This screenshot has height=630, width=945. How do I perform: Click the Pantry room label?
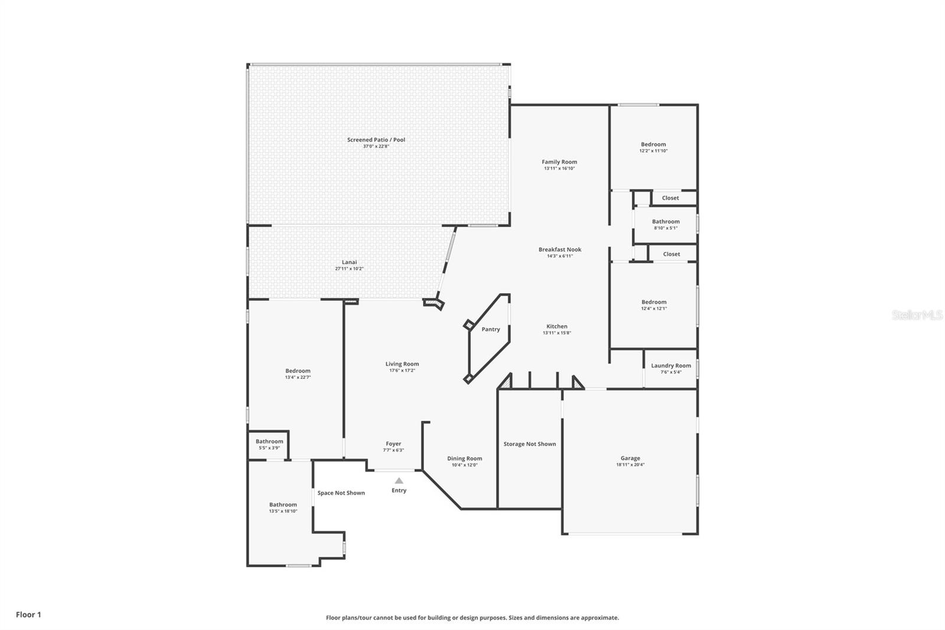[x=490, y=329]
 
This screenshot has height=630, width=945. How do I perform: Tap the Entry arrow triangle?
[x=399, y=480]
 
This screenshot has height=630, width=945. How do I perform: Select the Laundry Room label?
[x=670, y=365]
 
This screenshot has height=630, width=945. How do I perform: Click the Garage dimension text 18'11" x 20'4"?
[x=630, y=465]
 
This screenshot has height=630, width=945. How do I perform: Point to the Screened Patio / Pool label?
[x=376, y=139]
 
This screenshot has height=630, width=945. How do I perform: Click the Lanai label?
[x=349, y=262]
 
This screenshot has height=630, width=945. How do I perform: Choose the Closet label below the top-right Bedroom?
[x=670, y=198]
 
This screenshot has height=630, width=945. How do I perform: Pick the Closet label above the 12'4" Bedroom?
[x=671, y=254]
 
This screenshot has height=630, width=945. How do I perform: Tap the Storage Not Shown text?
[x=529, y=444]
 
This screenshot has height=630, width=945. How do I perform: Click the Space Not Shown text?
[x=341, y=493]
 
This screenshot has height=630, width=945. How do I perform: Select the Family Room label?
[x=559, y=161]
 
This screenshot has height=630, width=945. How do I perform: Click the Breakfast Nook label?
[x=559, y=249]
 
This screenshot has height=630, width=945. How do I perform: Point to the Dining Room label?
[x=464, y=458]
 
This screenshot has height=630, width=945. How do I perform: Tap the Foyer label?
[x=393, y=443]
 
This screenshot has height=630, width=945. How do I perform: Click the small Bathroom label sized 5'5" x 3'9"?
[x=269, y=441]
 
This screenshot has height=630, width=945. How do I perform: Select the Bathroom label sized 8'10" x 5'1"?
[x=666, y=222]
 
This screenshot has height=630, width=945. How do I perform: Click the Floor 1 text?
[x=28, y=615]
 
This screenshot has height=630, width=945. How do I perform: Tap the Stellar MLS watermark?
[x=917, y=315]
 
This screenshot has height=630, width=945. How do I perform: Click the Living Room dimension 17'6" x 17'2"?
[x=402, y=371]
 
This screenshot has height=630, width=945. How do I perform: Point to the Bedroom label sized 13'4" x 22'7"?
[x=298, y=371]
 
